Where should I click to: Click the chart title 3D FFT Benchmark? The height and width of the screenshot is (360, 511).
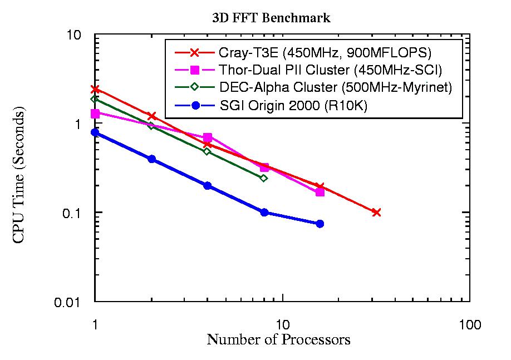[x=271, y=18]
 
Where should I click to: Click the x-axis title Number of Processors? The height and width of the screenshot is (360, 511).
[x=278, y=339]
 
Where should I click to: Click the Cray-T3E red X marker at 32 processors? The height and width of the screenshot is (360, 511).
[x=376, y=213]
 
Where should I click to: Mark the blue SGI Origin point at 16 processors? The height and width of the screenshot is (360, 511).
[x=320, y=224]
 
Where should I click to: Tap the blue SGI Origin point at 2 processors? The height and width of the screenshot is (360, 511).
[x=151, y=159]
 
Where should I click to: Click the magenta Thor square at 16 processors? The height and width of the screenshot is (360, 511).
[x=320, y=192]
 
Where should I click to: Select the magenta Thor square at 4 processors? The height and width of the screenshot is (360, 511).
[x=208, y=137]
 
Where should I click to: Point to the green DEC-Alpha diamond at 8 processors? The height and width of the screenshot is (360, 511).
[x=264, y=178]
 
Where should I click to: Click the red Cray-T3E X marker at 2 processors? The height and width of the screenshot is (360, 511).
[x=151, y=116]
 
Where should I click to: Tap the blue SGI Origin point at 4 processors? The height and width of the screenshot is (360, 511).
[x=208, y=186]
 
